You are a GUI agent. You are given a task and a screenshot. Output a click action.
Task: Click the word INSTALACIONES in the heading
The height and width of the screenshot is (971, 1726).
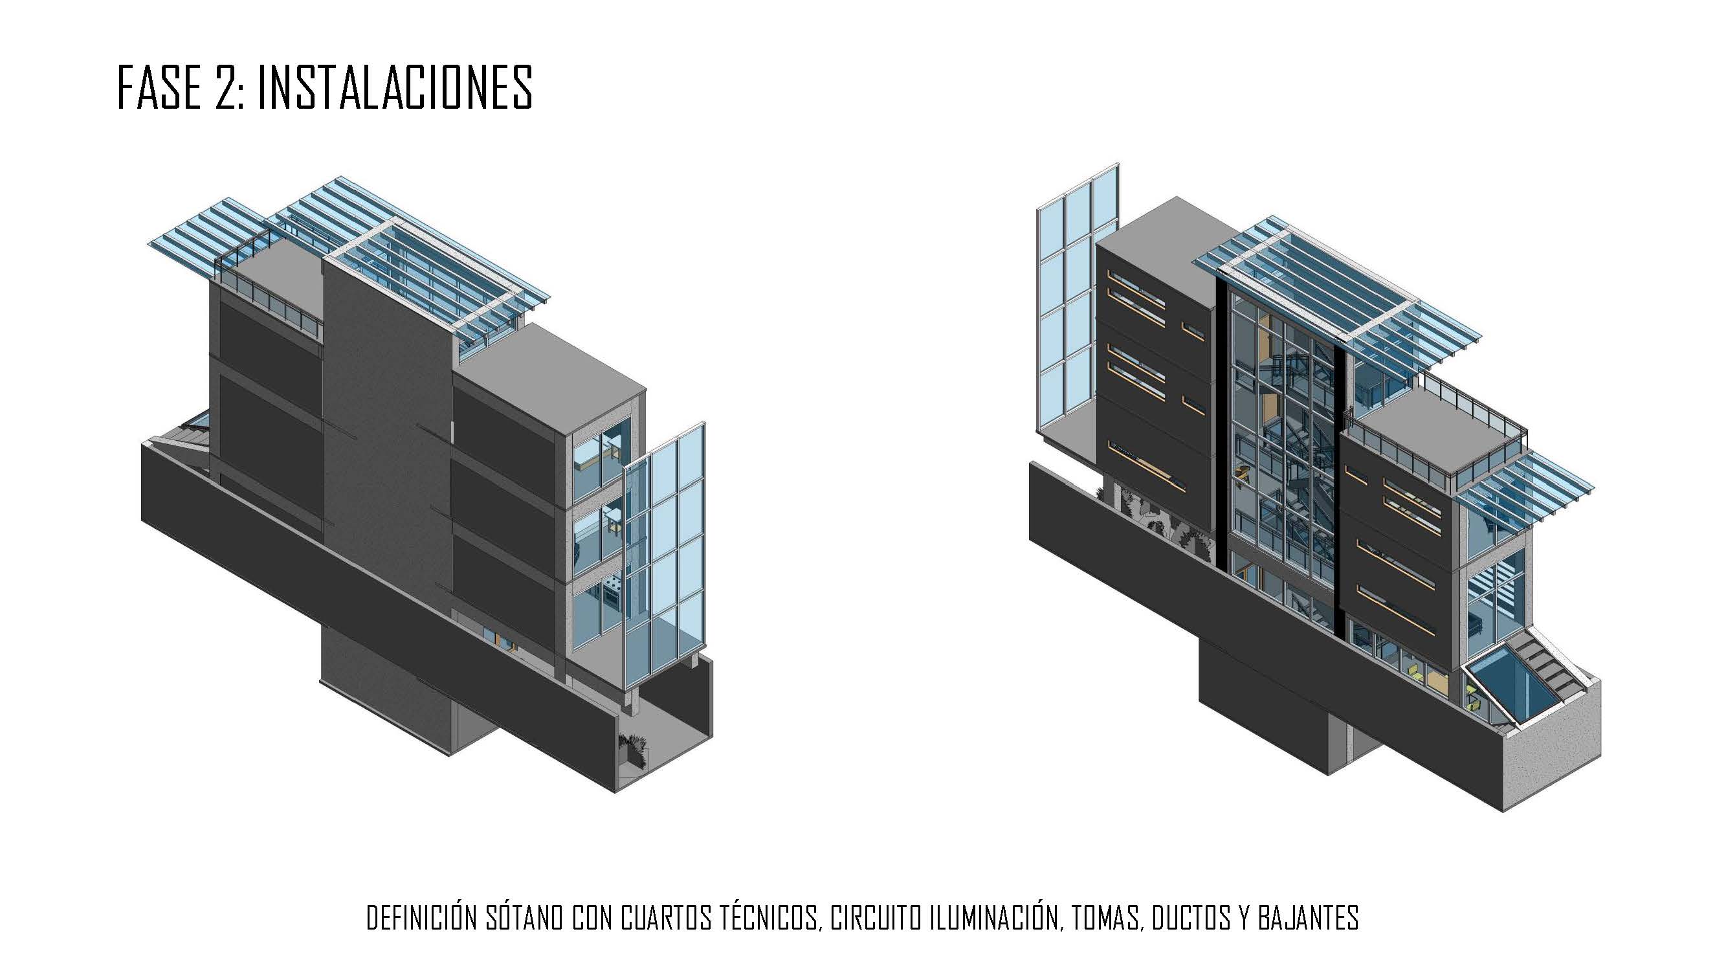tap(395, 88)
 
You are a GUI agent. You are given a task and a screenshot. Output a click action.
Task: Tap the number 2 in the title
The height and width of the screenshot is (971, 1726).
tap(225, 88)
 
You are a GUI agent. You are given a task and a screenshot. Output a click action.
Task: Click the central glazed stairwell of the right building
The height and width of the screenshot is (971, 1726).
tap(1276, 456)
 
